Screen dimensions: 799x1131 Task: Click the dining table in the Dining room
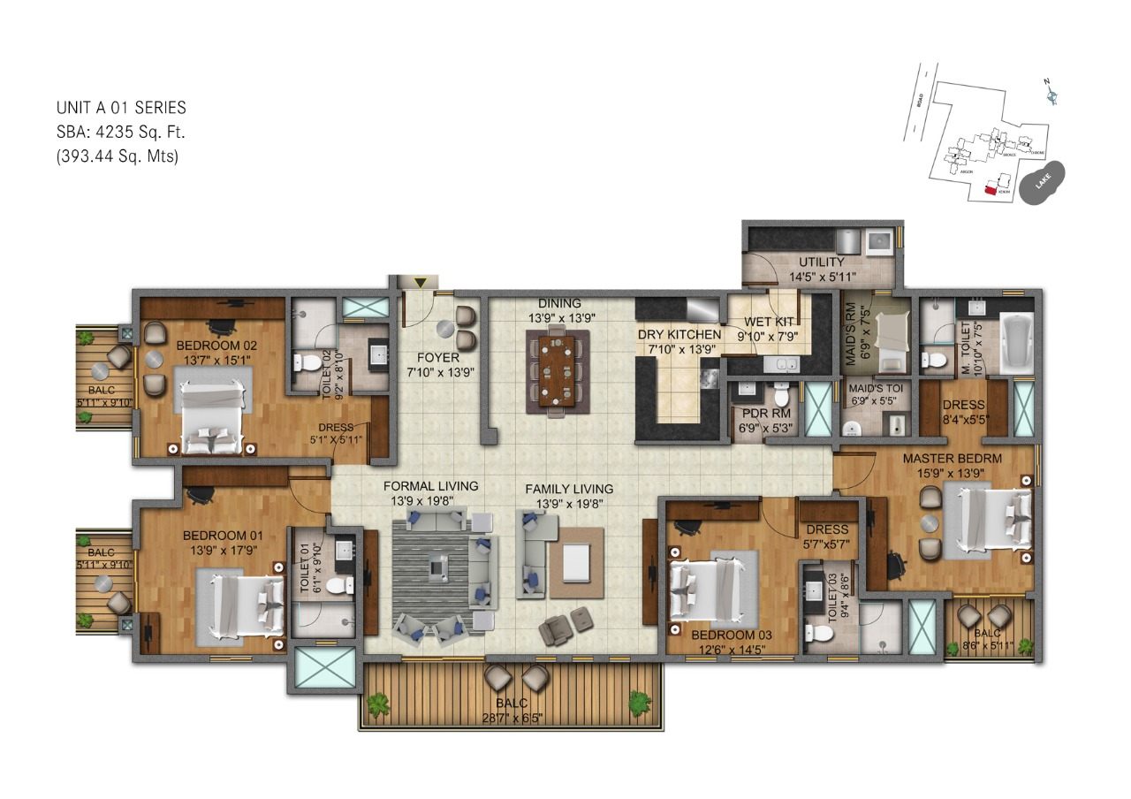coord(558,369)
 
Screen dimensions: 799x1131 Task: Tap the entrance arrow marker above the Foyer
coord(421,282)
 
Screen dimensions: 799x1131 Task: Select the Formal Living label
coord(430,487)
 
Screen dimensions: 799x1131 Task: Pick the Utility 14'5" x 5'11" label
coord(822,269)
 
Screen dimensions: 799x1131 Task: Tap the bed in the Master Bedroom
coord(988,521)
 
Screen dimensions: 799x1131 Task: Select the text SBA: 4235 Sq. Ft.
coord(121,133)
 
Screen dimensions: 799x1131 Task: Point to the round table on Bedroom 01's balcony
coord(103,583)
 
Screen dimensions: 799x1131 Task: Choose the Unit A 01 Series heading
coord(121,108)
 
